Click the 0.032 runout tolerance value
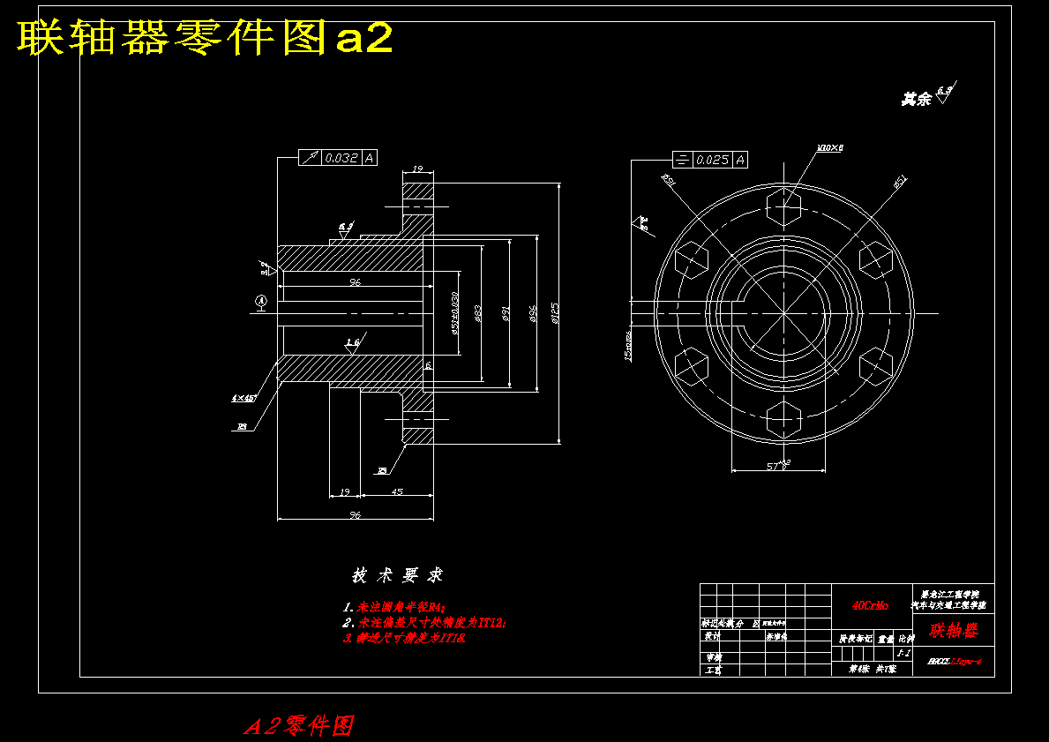pyautogui.click(x=341, y=159)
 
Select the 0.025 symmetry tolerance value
pyautogui.click(x=712, y=160)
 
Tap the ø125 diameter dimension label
pyautogui.click(x=554, y=313)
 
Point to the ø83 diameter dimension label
pyautogui.click(x=477, y=313)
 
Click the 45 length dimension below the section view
pyautogui.click(x=397, y=491)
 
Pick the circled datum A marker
pyautogui.click(x=261, y=302)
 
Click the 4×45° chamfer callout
pyautogui.click(x=244, y=399)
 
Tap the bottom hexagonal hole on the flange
pyautogui.click(x=783, y=418)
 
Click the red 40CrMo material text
pyautogui.click(x=870, y=606)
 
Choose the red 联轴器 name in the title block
pyautogui.click(x=953, y=631)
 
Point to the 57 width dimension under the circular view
pyautogui.click(x=776, y=465)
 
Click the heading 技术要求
pyautogui.click(x=397, y=576)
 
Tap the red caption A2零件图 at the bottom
pyautogui.click(x=299, y=726)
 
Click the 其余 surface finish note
pyautogui.click(x=917, y=100)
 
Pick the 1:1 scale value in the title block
pyautogui.click(x=903, y=654)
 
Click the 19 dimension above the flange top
pyautogui.click(x=418, y=169)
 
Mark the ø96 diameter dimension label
pyautogui.click(x=532, y=313)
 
